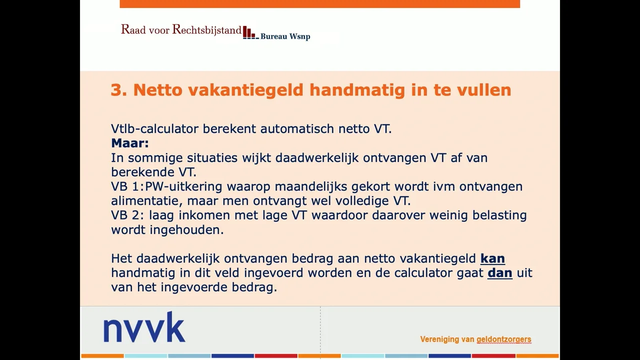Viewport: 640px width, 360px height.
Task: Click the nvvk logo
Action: click(144, 327)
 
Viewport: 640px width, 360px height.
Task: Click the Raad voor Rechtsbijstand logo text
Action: click(181, 29)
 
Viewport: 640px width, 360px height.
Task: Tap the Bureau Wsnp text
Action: click(285, 36)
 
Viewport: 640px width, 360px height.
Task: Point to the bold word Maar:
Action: click(130, 143)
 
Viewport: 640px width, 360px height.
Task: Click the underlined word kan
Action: click(492, 258)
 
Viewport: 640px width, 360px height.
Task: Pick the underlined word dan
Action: click(499, 273)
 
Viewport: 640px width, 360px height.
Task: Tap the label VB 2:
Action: click(128, 215)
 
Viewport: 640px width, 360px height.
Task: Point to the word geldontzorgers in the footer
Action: click(503, 339)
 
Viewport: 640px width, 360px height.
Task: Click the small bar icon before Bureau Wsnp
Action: click(249, 33)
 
